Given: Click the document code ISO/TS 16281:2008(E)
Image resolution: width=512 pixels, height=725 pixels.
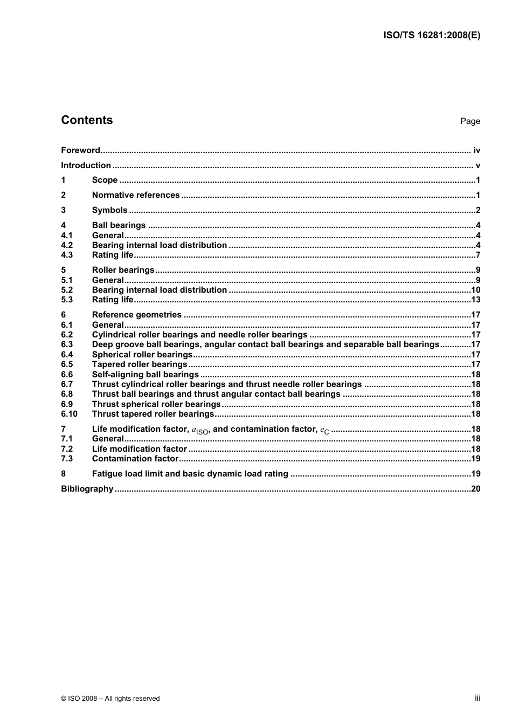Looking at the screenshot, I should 431,35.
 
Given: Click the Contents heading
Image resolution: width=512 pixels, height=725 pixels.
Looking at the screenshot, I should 87,120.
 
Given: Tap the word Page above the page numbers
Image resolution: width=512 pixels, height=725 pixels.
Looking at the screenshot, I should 470,121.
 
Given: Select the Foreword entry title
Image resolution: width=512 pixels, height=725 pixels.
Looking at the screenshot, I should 80,150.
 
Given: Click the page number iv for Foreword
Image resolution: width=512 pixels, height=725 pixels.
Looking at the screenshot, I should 476,150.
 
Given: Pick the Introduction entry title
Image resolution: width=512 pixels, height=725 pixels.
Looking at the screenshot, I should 86,165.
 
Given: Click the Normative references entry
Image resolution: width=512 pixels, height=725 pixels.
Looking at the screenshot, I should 135,195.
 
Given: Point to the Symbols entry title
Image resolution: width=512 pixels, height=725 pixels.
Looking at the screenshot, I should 109,210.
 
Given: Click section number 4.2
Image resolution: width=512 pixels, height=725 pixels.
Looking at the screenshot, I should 67,245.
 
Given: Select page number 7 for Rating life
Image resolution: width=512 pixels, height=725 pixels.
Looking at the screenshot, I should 478,255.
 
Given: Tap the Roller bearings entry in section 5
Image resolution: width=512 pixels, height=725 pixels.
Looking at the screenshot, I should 123,270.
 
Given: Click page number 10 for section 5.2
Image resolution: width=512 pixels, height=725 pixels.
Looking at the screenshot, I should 475,290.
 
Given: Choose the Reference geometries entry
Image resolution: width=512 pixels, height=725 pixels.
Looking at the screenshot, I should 136,315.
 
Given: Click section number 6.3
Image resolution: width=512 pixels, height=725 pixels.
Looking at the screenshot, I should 67,344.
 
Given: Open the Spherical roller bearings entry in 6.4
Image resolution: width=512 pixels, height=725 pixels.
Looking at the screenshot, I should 142,355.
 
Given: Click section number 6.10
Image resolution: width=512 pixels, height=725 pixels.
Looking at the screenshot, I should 69,414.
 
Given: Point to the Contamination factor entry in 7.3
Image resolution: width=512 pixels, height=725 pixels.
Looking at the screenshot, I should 135,459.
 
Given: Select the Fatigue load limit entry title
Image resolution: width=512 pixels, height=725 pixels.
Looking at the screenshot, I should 190,474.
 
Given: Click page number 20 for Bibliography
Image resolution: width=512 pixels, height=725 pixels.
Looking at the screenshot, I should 475,489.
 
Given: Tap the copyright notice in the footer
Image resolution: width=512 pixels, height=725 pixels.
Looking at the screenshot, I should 110,699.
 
